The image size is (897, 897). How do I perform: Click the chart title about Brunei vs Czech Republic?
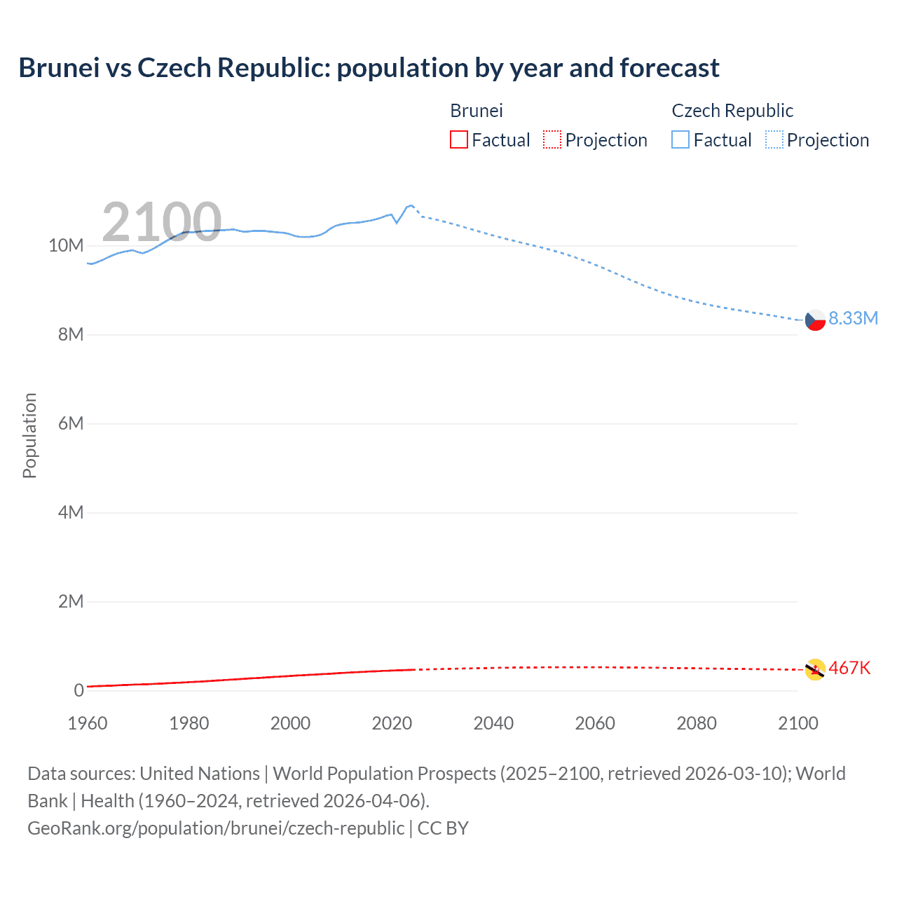point(369,68)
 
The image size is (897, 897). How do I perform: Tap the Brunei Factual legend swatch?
point(458,139)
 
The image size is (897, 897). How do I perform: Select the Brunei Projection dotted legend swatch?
point(552,139)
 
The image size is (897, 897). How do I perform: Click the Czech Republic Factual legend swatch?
point(680,139)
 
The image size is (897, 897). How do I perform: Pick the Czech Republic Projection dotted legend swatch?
point(774,139)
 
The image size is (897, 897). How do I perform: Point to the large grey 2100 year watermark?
point(162,222)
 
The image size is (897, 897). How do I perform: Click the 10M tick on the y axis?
point(66,245)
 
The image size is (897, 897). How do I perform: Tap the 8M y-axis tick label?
point(71,334)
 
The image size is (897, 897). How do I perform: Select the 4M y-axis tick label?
point(71,512)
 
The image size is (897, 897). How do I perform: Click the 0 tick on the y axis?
point(78,690)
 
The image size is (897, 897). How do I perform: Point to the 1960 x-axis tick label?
point(88,723)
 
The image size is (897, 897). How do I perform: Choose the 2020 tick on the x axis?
point(392,723)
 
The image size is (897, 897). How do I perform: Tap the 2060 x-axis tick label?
point(595,723)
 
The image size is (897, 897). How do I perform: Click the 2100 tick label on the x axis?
point(797,723)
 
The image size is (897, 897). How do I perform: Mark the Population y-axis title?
point(29,435)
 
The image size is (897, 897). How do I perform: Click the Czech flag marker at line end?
point(815,320)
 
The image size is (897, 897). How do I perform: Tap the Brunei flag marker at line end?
point(815,669)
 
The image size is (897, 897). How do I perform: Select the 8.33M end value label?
point(853,318)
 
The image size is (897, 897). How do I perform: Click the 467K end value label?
point(849,668)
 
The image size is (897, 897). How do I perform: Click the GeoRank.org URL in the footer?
point(216,828)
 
